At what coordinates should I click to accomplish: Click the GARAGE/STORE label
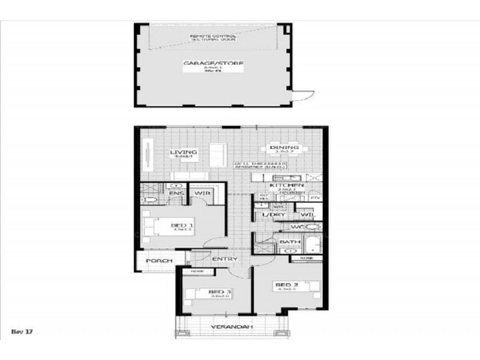pos(213,62)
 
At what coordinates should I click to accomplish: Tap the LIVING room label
pos(183,152)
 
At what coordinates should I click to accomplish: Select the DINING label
pos(284,148)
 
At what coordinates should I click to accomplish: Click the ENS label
pos(175,194)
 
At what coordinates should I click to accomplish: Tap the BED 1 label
pos(178,225)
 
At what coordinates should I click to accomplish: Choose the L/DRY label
pos(273,214)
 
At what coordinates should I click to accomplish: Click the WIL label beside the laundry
pos(307,214)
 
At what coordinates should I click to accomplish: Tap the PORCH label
pos(158,261)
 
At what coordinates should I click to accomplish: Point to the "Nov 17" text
pos(22,331)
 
